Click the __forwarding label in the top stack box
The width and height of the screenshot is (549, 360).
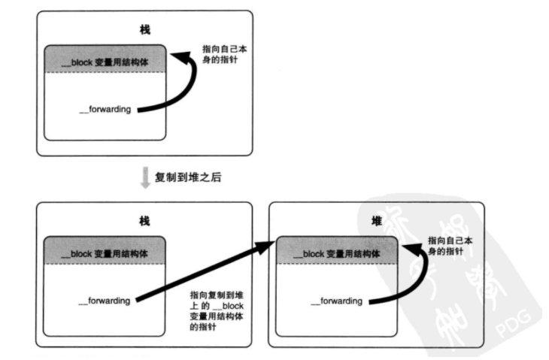click(105, 110)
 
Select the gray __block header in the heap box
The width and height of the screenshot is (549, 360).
click(336, 253)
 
